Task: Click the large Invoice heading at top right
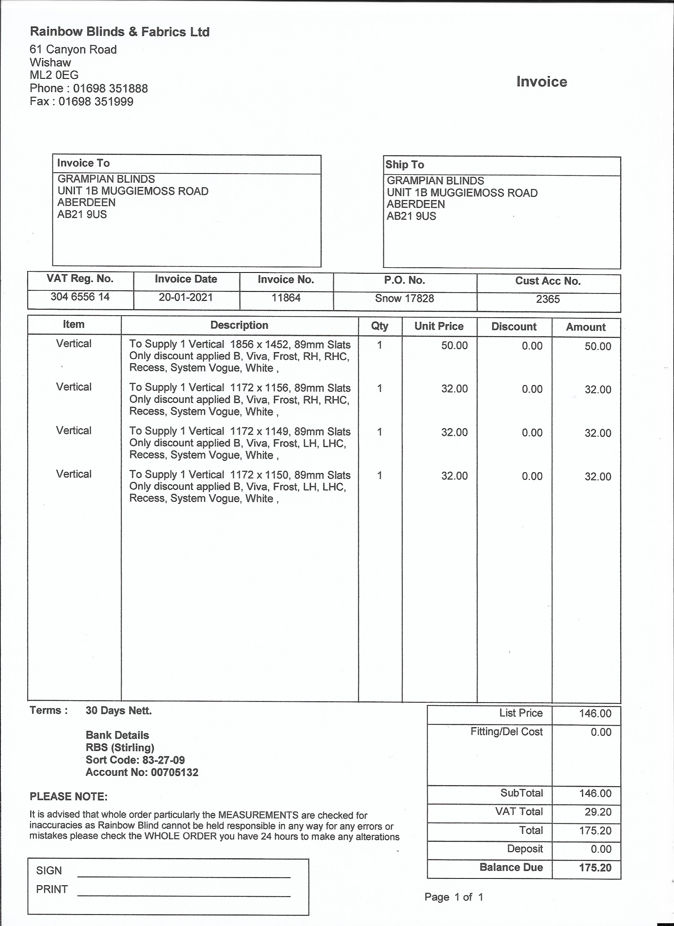point(542,82)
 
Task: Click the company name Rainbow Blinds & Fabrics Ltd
point(119,32)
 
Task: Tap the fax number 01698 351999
point(96,101)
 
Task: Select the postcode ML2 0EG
point(54,75)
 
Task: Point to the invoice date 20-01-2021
point(186,297)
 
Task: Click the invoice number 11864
point(286,298)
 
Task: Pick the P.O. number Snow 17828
point(404,299)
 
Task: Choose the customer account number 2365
point(548,299)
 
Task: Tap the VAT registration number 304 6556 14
point(80,297)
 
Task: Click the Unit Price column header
point(439,326)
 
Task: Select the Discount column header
point(514,327)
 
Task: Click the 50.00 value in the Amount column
point(597,346)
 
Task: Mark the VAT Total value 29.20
point(597,812)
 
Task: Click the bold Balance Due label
point(511,867)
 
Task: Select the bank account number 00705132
point(174,772)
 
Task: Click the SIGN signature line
point(184,876)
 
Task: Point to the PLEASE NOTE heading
point(69,796)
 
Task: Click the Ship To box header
point(405,164)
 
